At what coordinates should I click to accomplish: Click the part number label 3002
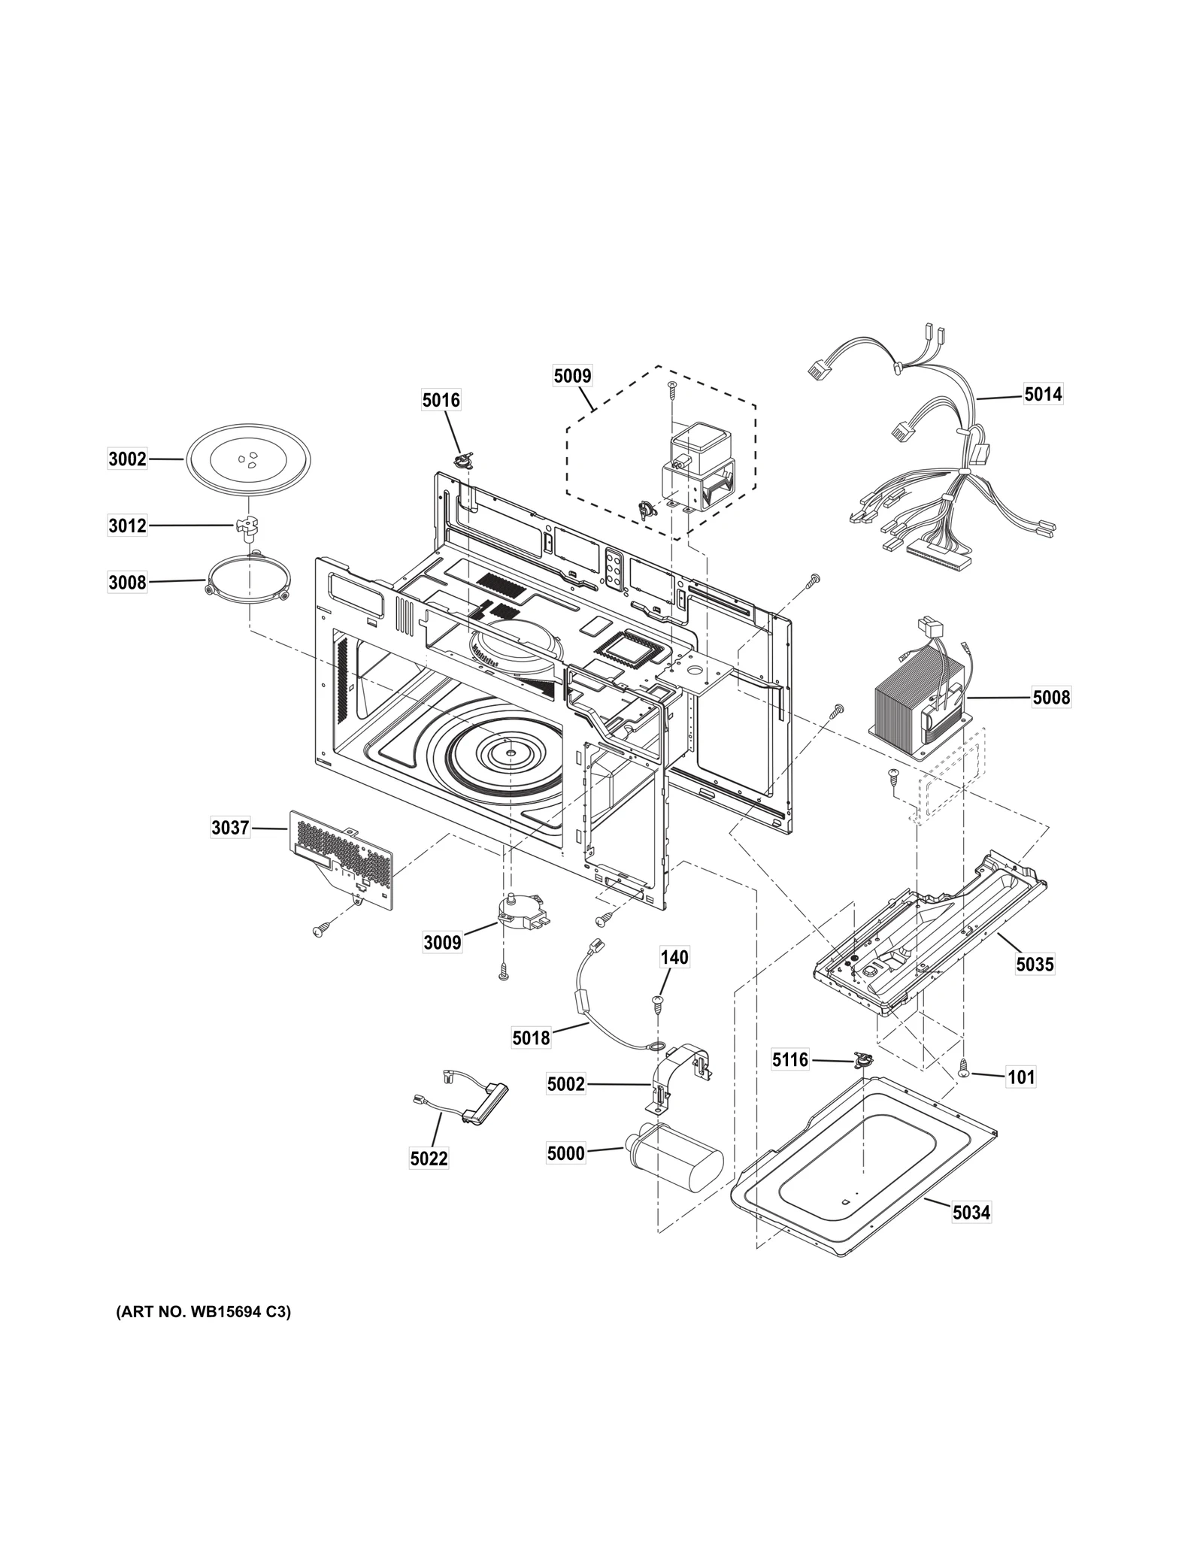coord(127,459)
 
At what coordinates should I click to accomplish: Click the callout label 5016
coord(441,400)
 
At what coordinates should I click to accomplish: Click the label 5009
coord(572,376)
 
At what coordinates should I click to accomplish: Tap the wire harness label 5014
coord(1043,394)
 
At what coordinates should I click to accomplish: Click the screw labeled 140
coord(658,1001)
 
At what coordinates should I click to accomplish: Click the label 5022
coord(429,1159)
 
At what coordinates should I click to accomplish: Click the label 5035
coord(1035,964)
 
